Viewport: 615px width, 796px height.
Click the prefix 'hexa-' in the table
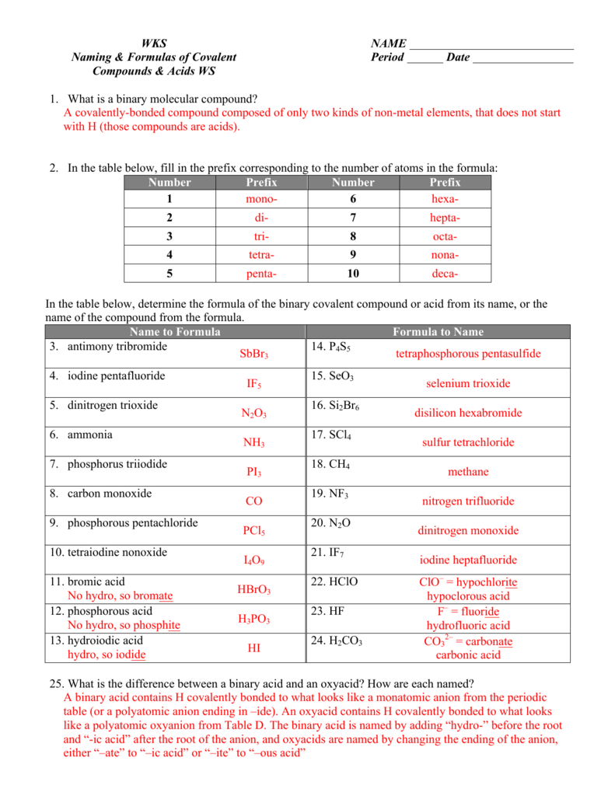pos(445,200)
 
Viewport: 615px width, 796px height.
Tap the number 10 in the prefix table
pos(352,274)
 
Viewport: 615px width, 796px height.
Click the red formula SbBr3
pos(253,354)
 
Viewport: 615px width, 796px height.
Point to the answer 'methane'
pos(468,472)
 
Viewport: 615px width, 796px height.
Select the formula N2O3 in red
pos(253,414)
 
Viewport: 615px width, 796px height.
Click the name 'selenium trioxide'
pos(468,383)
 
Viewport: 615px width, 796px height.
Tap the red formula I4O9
pos(253,560)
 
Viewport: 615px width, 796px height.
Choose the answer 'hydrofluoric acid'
pos(468,626)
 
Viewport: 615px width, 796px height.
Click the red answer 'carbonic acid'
pos(468,655)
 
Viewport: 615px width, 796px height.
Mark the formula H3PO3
pos(253,620)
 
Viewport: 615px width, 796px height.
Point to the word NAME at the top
pos(388,44)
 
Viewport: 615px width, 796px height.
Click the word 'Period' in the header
pos(387,58)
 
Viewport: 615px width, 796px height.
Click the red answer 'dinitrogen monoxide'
pos(468,531)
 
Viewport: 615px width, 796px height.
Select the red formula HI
pos(253,648)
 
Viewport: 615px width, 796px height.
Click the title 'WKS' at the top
pos(154,44)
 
